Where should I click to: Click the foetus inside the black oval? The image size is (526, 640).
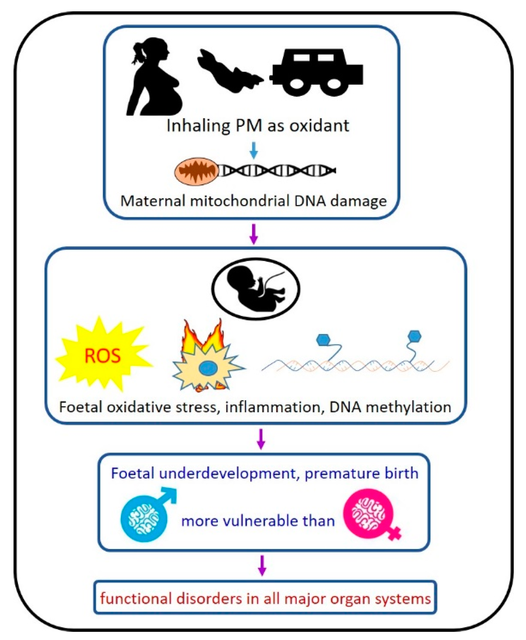click(x=255, y=288)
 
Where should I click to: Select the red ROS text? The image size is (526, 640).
click(x=103, y=356)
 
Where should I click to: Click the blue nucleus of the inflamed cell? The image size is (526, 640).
click(x=206, y=367)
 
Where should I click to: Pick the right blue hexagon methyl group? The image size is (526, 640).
click(x=414, y=336)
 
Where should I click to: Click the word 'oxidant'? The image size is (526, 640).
click(x=319, y=125)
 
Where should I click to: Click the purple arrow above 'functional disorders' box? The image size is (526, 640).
click(x=262, y=565)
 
